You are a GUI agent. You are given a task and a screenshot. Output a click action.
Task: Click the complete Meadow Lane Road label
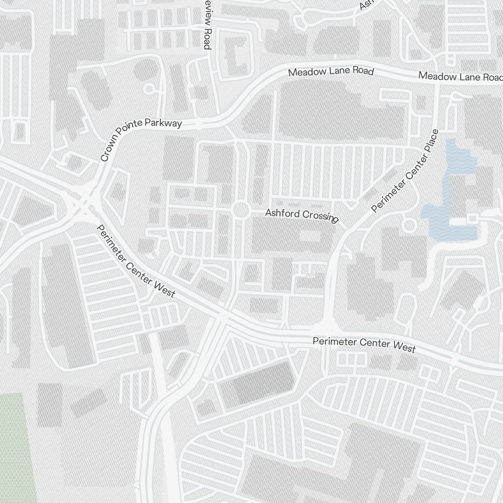pyautogui.click(x=331, y=72)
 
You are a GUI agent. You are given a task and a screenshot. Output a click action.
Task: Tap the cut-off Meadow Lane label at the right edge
pyautogui.click(x=460, y=77)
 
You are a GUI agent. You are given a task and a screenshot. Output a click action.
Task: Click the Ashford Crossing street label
pyautogui.click(x=302, y=215)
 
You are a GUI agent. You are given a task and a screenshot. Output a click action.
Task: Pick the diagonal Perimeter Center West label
pyautogui.click(x=135, y=262)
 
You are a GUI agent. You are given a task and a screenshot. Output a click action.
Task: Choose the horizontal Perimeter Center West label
pyautogui.click(x=364, y=345)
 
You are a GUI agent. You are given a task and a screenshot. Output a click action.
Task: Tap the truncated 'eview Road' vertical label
pyautogui.click(x=206, y=25)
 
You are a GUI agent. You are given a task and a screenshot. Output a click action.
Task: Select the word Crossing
pyautogui.click(x=320, y=216)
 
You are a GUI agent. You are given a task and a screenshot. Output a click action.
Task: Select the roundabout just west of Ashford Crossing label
pyautogui.click(x=241, y=210)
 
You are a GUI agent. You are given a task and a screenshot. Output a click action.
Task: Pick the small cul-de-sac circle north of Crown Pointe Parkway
pyautogui.click(x=148, y=89)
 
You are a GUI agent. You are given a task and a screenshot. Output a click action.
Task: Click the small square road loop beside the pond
pyautogui.click(x=472, y=218)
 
